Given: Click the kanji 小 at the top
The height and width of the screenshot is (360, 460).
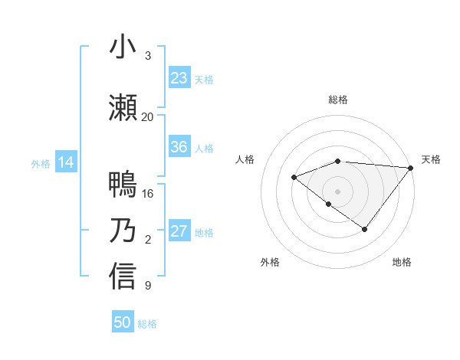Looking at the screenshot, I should [123, 47].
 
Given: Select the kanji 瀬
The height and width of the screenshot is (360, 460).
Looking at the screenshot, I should [123, 109].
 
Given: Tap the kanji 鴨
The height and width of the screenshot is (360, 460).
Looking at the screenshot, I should [123, 185].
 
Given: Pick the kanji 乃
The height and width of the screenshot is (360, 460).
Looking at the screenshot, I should [123, 231].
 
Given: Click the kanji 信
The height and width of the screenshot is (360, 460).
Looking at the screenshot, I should [123, 277].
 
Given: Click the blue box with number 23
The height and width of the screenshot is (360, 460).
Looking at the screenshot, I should [179, 78].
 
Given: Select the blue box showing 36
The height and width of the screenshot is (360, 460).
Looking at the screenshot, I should [179, 147].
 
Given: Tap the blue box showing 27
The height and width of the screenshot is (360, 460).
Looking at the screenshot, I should [179, 231].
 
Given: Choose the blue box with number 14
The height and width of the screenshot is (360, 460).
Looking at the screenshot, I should [66, 162].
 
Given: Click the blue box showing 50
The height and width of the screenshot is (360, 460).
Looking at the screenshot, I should [123, 322].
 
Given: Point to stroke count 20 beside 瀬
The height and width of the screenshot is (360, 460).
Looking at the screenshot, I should [147, 116].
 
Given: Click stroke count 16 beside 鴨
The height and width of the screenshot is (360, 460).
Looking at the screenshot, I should [148, 193].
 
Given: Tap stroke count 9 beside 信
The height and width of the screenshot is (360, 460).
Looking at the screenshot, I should [147, 286].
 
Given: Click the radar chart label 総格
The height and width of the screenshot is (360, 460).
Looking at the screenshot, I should [338, 100].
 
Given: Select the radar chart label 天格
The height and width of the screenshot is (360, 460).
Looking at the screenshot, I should [431, 159].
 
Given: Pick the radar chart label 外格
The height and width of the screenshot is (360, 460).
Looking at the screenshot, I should [270, 262].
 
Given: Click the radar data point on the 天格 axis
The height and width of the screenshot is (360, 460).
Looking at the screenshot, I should [412, 167].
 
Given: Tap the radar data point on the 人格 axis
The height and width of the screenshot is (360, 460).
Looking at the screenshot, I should [294, 177].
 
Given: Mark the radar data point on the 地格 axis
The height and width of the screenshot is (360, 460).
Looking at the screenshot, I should [365, 229].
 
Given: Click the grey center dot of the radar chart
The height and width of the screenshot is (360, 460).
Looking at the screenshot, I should [337, 191].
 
